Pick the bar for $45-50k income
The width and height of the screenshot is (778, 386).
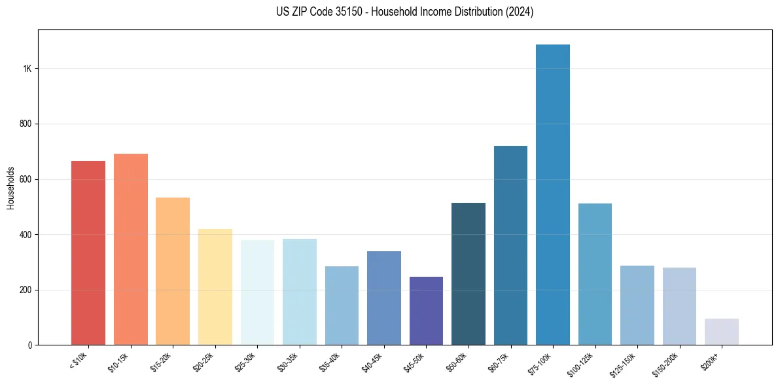click(x=426, y=311)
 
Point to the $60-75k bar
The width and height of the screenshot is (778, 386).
click(x=510, y=245)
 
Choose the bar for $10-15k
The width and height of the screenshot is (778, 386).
click(x=131, y=249)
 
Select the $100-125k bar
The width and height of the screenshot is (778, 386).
click(x=595, y=274)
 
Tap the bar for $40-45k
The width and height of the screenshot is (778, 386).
click(x=384, y=298)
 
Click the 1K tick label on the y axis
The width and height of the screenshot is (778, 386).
click(x=27, y=69)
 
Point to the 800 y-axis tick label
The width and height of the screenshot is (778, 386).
click(x=25, y=124)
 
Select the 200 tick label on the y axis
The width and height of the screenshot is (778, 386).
click(x=25, y=290)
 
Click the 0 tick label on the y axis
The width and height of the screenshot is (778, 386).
click(x=29, y=345)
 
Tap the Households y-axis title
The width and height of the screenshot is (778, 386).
click(x=10, y=187)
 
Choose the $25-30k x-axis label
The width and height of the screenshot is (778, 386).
click(x=244, y=362)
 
